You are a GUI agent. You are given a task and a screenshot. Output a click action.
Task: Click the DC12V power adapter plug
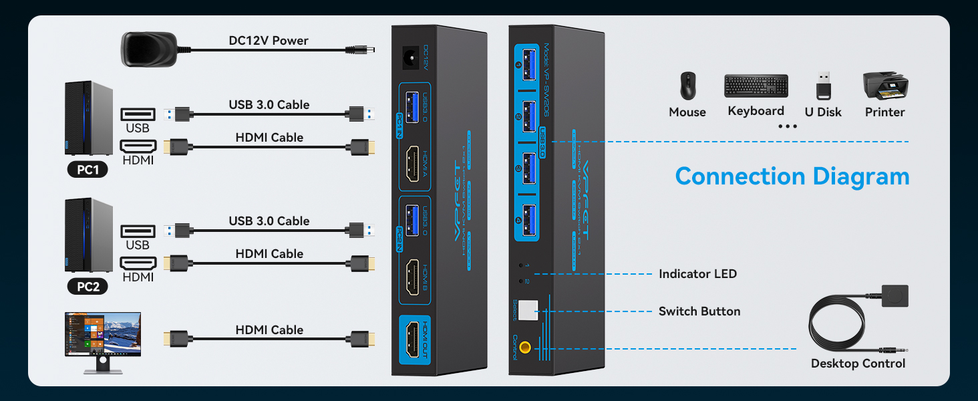tap(148, 49)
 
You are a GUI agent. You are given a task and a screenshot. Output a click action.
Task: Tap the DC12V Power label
tap(269, 41)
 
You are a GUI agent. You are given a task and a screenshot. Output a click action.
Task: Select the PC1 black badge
tap(88, 170)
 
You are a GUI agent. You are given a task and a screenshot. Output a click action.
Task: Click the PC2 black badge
tap(88, 286)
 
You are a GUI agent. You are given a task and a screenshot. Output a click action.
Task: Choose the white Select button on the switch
tap(528, 309)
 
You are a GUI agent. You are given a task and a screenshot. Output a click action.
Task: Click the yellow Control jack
tap(526, 348)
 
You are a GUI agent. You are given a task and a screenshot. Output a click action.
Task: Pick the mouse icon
tap(687, 87)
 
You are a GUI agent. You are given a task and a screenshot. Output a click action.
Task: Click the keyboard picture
tap(756, 86)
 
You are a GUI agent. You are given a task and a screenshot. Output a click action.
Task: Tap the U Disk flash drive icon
tap(824, 86)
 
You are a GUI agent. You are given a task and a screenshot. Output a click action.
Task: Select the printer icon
tap(885, 85)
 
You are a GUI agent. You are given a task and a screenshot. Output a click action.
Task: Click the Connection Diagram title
tap(792, 176)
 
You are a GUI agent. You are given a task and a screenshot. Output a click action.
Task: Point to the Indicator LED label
tap(697, 274)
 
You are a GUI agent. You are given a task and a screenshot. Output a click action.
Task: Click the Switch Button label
tap(699, 311)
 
